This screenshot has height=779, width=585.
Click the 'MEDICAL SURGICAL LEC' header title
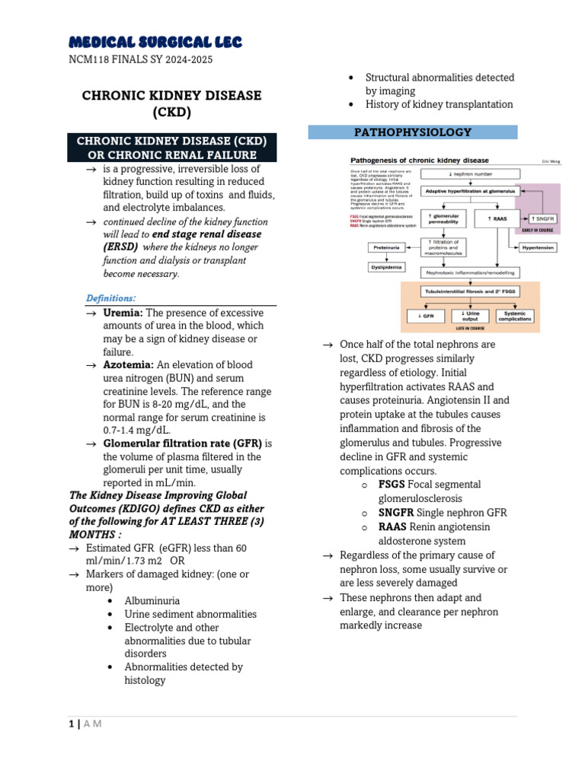155,41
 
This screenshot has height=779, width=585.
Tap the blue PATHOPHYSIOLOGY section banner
412,132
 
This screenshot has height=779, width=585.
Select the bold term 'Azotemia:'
129,365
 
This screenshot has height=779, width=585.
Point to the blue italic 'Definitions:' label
111,297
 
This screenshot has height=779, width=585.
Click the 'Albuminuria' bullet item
152,600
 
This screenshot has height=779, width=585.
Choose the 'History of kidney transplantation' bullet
439,104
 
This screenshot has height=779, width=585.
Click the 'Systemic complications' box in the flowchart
515,315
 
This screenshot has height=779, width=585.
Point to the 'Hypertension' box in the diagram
539,248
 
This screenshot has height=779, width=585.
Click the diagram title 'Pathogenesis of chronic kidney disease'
419,161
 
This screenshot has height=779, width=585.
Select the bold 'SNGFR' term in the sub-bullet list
396,513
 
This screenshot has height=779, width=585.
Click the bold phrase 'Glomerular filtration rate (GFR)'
182,444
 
